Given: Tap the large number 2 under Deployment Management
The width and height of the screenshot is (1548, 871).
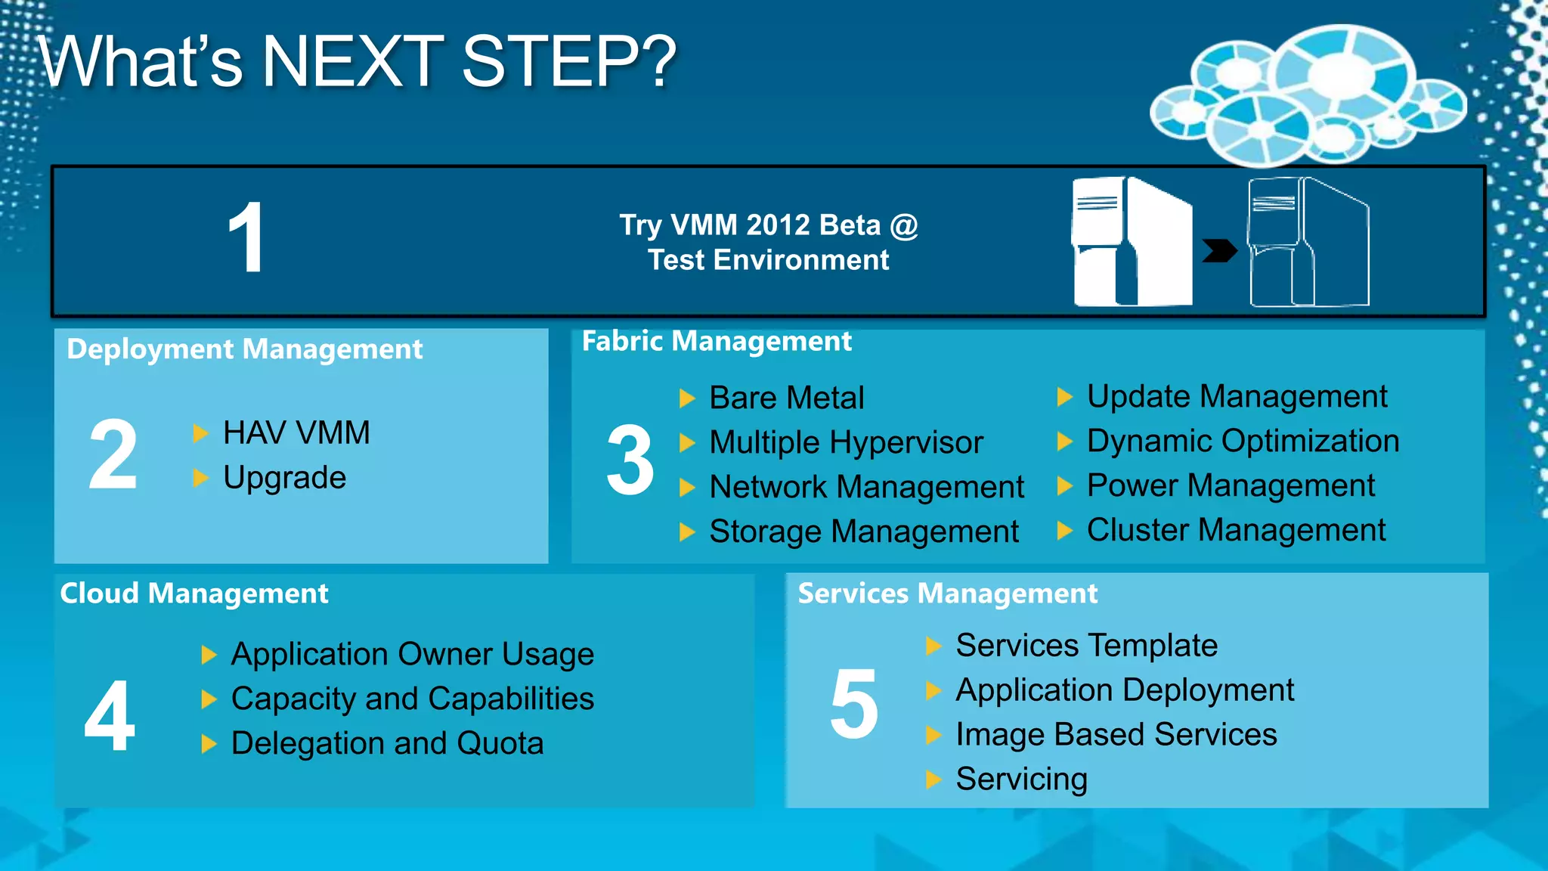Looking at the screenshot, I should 113,454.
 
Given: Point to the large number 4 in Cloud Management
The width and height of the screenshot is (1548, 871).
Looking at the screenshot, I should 110,715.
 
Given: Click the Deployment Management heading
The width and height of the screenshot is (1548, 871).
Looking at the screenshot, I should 244,349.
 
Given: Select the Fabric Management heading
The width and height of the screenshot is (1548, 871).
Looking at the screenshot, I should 716,341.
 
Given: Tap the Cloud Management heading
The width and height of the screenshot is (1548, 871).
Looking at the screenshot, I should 194,594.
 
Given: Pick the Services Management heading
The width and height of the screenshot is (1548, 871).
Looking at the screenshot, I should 947,594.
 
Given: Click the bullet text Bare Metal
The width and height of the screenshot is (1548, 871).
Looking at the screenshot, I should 786,398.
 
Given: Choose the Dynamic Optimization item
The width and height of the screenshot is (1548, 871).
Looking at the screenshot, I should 1243,441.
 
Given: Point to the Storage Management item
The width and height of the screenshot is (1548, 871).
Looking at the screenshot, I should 863,532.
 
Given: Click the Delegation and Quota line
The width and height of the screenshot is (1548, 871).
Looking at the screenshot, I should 387,743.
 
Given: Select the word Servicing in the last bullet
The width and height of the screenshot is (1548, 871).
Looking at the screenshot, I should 1021,779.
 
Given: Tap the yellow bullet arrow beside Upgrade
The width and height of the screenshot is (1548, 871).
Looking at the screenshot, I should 200,478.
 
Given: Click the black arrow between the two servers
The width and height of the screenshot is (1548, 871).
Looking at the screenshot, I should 1219,250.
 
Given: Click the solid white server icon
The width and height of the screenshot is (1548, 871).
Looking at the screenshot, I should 1132,242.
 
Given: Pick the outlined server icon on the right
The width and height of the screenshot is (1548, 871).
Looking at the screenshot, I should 1308,242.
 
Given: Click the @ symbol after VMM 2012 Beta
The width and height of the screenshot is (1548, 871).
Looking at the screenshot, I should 904,225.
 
